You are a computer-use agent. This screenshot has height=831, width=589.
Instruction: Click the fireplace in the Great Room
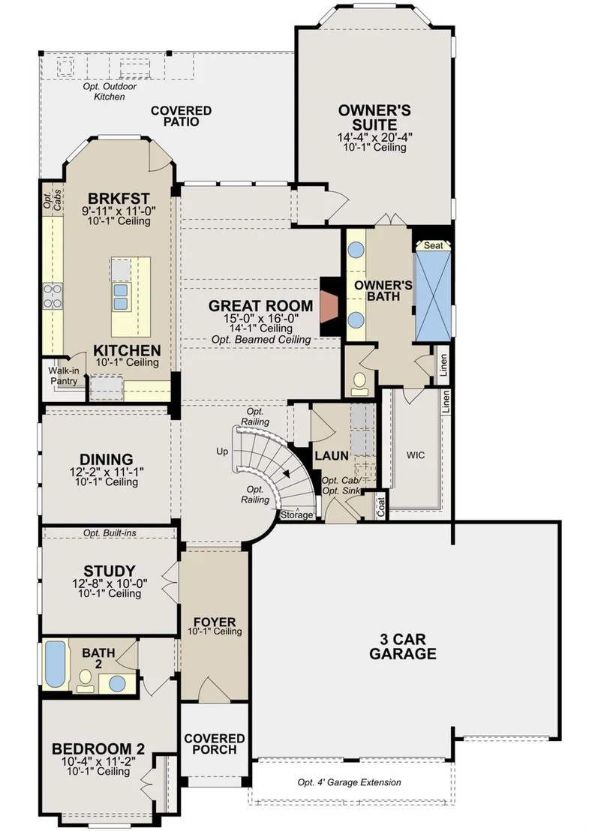pos(330,306)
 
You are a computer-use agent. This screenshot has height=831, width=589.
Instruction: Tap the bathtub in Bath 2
pos(55,664)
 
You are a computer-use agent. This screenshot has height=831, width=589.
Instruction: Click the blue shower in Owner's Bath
pos(433,295)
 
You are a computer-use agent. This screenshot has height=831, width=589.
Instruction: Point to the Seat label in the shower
pos(433,245)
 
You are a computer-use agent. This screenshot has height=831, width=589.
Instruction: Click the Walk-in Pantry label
pos(64,376)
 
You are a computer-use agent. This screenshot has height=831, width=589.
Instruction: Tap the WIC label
pos(415,455)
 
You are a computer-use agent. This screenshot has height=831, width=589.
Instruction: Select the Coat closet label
pos(381,508)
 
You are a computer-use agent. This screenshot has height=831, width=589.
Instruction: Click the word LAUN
pos(332,456)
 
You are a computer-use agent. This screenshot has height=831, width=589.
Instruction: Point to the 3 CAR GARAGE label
pos(403,646)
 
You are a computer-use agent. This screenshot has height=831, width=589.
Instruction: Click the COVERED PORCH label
pos(214,744)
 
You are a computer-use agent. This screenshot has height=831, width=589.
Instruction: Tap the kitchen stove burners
pos(53,295)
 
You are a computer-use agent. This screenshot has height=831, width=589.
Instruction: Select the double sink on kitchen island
pos(120,296)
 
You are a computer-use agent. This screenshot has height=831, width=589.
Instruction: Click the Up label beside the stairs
pos(222,451)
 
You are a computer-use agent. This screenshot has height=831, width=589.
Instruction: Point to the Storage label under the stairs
pos(296,514)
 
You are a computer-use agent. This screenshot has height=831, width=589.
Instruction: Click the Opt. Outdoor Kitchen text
pos(110,91)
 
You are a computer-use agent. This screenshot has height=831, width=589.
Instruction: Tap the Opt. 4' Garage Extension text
pos(350,782)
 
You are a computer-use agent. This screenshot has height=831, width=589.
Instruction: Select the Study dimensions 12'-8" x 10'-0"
pos(110,583)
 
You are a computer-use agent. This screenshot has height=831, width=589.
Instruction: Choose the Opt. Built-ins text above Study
pos(110,533)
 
